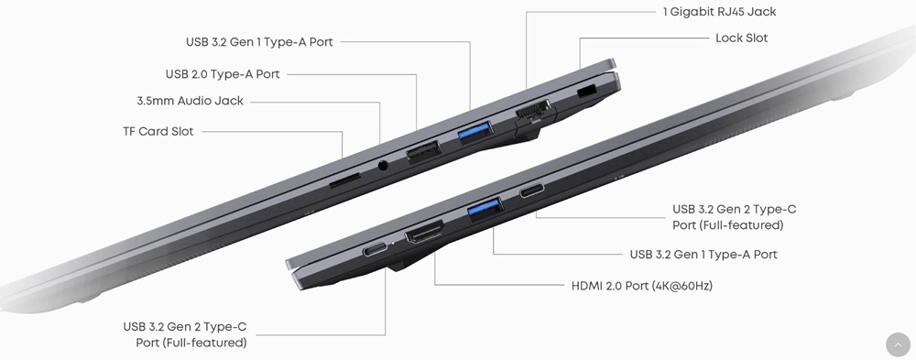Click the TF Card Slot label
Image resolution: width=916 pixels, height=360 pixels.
click(x=158, y=132)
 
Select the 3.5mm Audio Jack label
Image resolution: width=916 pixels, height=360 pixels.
click(x=190, y=101)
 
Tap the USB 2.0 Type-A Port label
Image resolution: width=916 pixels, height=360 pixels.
click(x=223, y=74)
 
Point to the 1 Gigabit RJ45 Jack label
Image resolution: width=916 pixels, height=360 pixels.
click(x=720, y=11)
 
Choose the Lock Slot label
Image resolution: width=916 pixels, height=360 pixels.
click(x=741, y=38)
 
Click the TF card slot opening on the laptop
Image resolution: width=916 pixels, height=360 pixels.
click(x=344, y=180)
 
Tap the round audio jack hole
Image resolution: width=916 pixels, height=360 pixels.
click(x=383, y=166)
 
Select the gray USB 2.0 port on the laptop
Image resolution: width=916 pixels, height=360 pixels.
click(x=423, y=151)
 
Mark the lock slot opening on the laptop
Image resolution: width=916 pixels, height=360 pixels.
click(x=586, y=92)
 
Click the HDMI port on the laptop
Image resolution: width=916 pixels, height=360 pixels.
click(x=425, y=231)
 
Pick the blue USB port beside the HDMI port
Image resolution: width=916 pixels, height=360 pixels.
click(x=485, y=209)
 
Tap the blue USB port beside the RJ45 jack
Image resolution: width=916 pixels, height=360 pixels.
click(x=475, y=132)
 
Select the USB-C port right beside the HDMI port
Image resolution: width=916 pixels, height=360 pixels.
click(x=375, y=249)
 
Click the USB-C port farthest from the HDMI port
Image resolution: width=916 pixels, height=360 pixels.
click(x=532, y=190)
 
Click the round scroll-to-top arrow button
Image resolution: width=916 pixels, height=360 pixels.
click(x=898, y=344)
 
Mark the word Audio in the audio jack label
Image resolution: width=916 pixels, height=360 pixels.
click(x=194, y=101)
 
